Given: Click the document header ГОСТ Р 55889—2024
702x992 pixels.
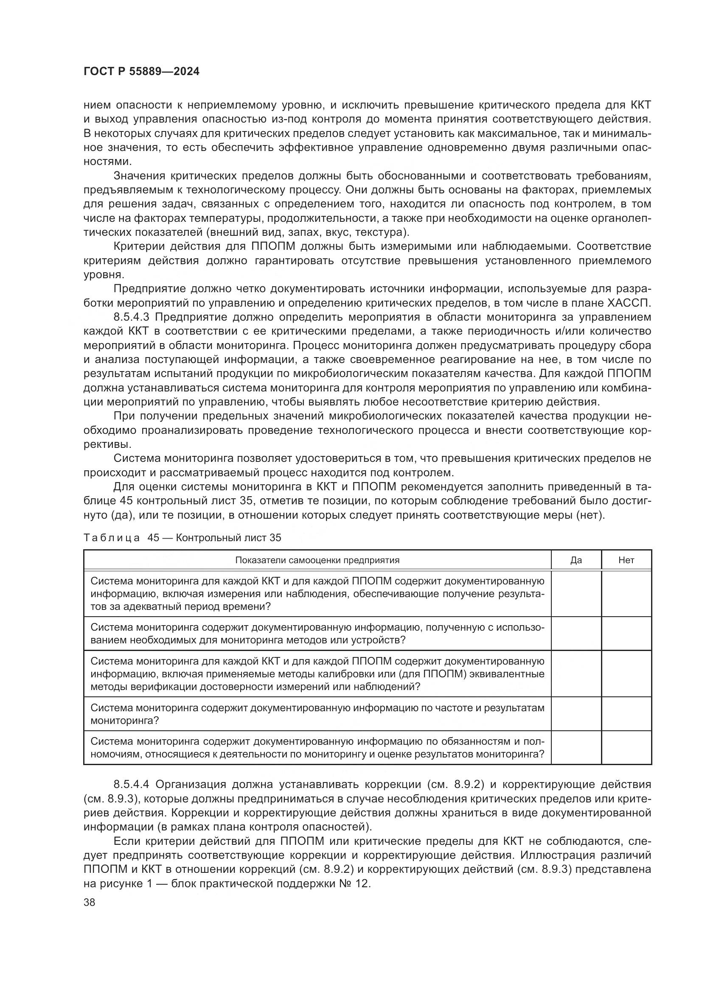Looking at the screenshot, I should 141,72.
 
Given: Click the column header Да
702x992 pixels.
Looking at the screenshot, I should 576,560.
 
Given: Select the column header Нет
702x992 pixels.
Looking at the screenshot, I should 626,560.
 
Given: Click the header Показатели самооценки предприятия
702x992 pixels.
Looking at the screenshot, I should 317,560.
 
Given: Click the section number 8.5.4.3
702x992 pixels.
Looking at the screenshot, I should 131,317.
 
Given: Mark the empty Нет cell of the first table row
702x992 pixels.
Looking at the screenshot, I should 626,594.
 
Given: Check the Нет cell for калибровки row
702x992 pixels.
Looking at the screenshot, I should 626,673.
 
